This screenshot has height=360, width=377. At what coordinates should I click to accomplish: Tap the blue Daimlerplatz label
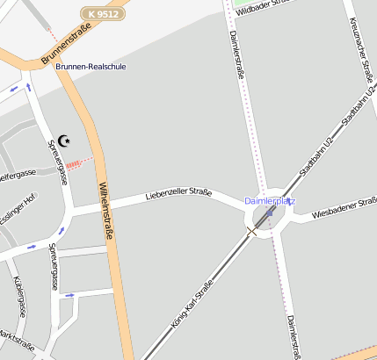click(x=270, y=201)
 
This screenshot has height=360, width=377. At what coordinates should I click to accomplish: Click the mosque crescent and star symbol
click(x=64, y=140)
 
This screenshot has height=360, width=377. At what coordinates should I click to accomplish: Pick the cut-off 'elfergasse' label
click(x=16, y=175)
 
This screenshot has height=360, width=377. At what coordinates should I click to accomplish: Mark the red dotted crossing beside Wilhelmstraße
click(x=78, y=162)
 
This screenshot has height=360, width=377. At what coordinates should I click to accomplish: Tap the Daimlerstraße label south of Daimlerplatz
click(x=294, y=334)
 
